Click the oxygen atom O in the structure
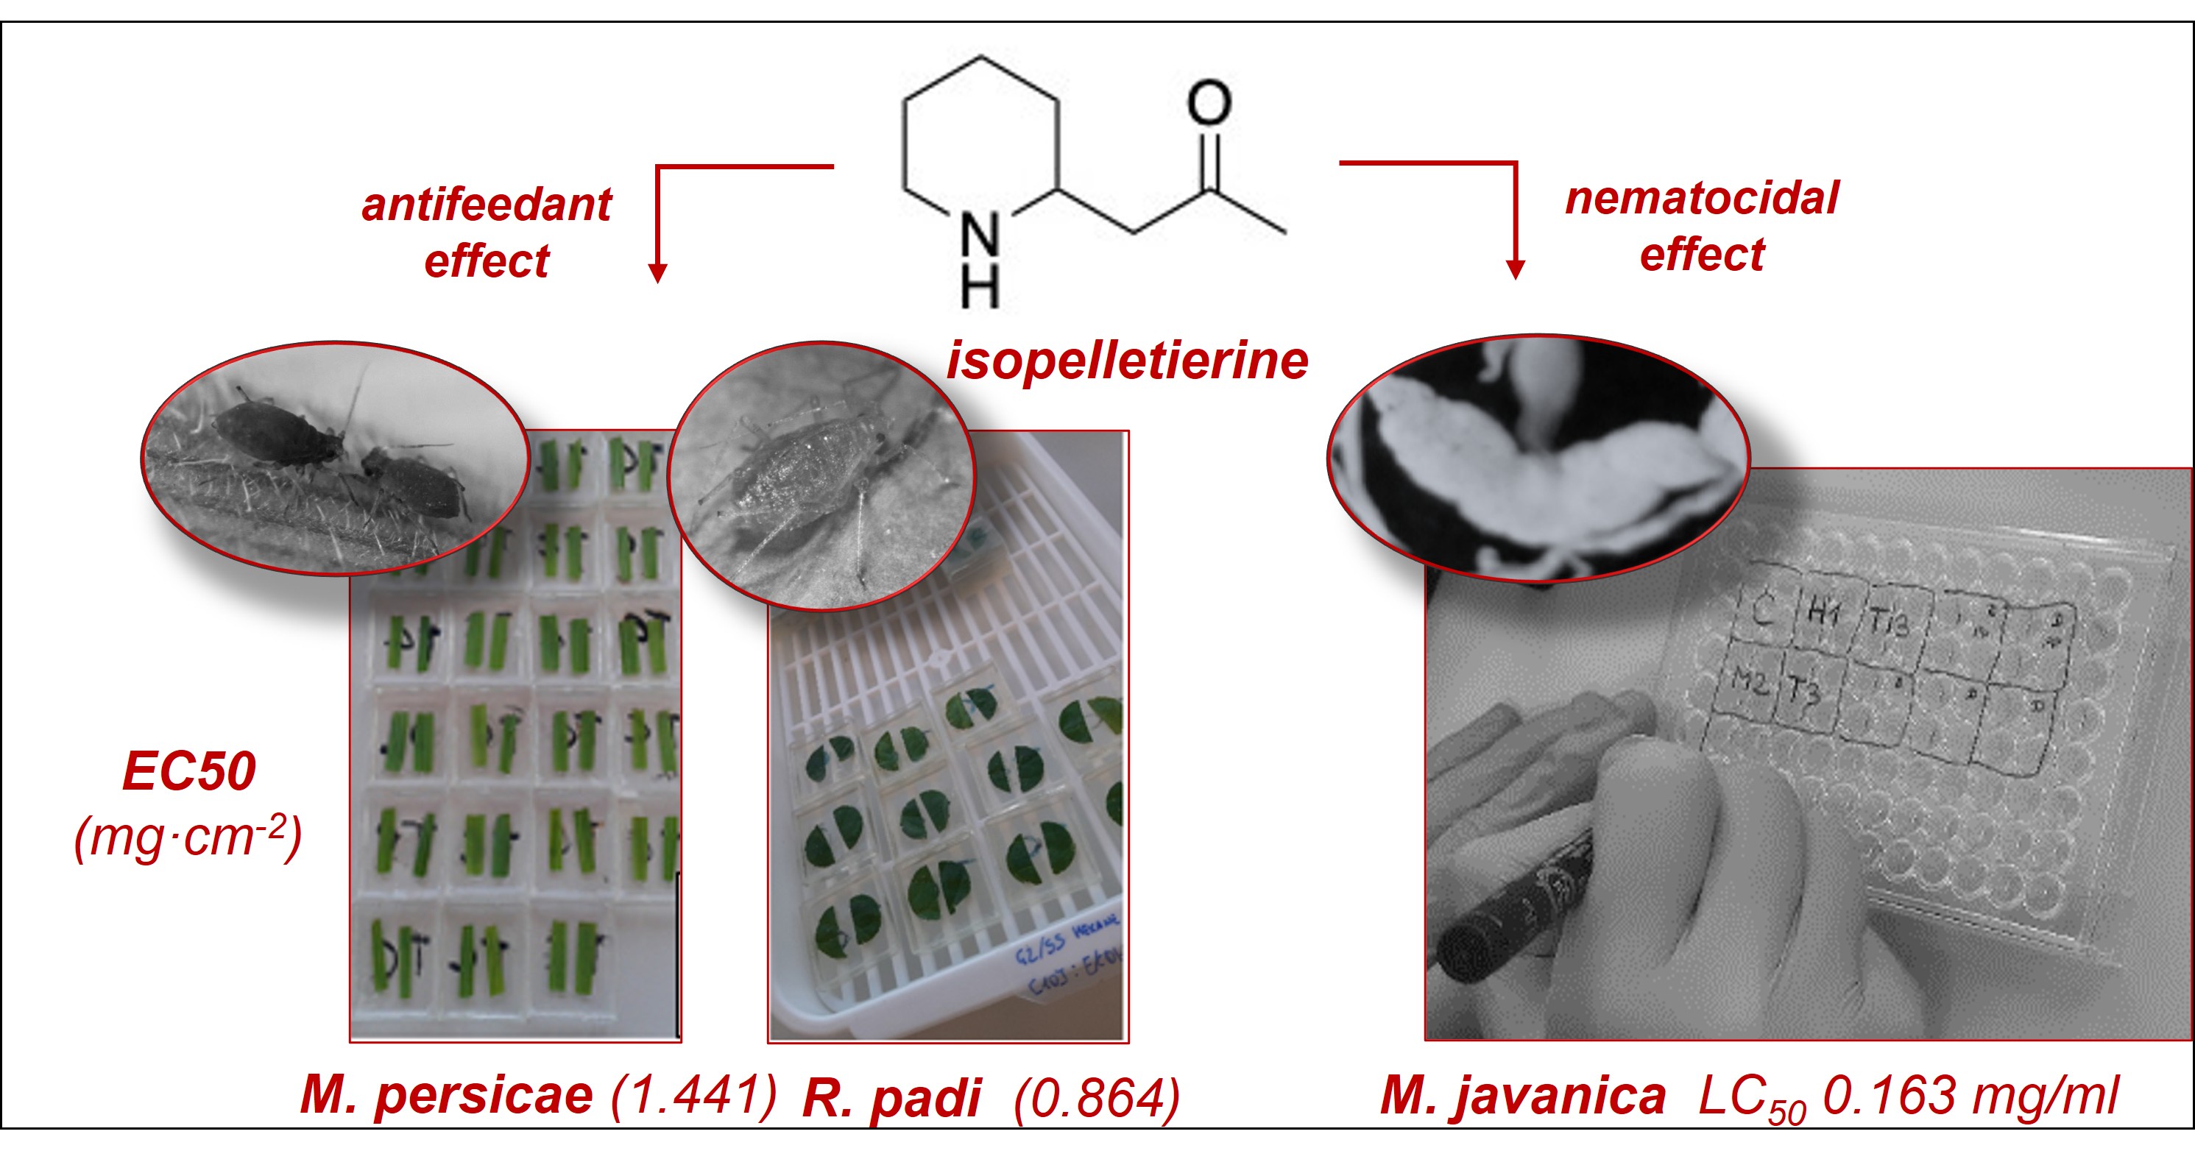click(x=1209, y=104)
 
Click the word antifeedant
click(x=487, y=205)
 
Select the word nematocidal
click(x=1702, y=199)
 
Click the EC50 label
click(x=188, y=771)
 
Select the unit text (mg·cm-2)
click(x=188, y=837)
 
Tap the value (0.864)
click(x=1096, y=1097)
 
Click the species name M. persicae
click(x=447, y=1095)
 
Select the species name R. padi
click(x=891, y=1098)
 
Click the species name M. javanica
click(x=1523, y=1096)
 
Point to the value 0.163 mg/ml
click(x=1969, y=1095)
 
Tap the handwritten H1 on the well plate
click(x=1823, y=611)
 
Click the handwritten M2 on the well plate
click(x=1750, y=680)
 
